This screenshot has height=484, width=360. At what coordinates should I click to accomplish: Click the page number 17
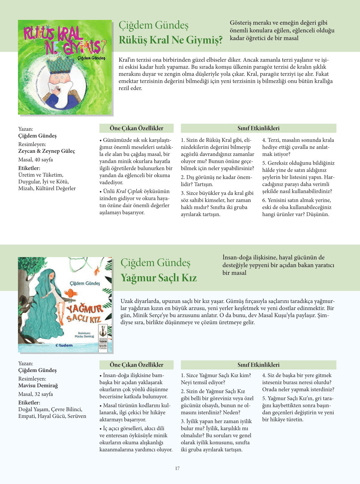pyautogui.click(x=177, y=468)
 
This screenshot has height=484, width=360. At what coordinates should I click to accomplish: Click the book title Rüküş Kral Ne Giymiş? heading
pyautogui.click(x=170, y=40)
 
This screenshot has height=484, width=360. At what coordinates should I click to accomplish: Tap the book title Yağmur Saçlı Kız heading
pyautogui.click(x=159, y=278)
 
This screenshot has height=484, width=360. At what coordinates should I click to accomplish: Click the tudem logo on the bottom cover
pyautogui.click(x=64, y=345)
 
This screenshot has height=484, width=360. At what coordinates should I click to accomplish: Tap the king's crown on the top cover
pyautogui.click(x=64, y=65)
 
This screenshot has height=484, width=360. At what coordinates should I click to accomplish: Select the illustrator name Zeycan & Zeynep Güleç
pyautogui.click(x=47, y=151)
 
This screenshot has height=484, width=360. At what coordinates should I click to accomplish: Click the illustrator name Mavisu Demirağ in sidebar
pyautogui.click(x=38, y=385)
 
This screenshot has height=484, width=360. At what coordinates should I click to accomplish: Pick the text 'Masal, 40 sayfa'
pyautogui.click(x=36, y=160)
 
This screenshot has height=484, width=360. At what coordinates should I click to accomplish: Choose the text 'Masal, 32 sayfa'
pyautogui.click(x=36, y=394)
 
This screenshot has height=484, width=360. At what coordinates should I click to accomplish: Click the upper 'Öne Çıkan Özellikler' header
pyautogui.click(x=136, y=128)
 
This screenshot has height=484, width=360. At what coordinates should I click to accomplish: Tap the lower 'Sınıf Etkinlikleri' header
pyautogui.click(x=258, y=365)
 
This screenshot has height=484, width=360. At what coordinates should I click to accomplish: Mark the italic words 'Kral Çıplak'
pyautogui.click(x=129, y=191)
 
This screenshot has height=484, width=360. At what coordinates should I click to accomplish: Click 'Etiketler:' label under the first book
pyautogui.click(x=29, y=168)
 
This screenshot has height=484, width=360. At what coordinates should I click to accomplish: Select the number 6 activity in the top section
pyautogui.click(x=297, y=207)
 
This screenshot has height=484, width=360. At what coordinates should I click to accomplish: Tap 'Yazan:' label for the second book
pyautogui.click(x=26, y=363)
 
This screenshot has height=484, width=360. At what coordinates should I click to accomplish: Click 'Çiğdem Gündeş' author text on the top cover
pyautogui.click(x=91, y=58)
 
